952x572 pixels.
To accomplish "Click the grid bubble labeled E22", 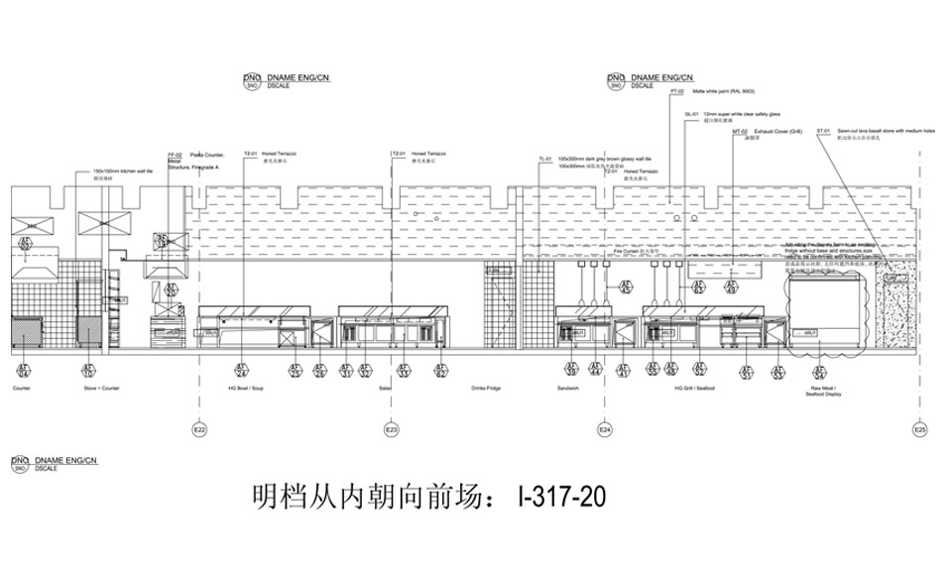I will (198, 430).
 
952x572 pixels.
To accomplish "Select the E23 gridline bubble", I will (392, 430).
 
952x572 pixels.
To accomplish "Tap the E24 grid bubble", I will (604, 430).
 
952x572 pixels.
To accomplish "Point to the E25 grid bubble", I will (920, 430).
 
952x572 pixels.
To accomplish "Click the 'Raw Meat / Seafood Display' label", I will (822, 392).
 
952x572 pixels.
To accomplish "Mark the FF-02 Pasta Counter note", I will (194, 162).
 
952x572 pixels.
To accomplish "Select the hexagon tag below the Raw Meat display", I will (820, 370).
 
